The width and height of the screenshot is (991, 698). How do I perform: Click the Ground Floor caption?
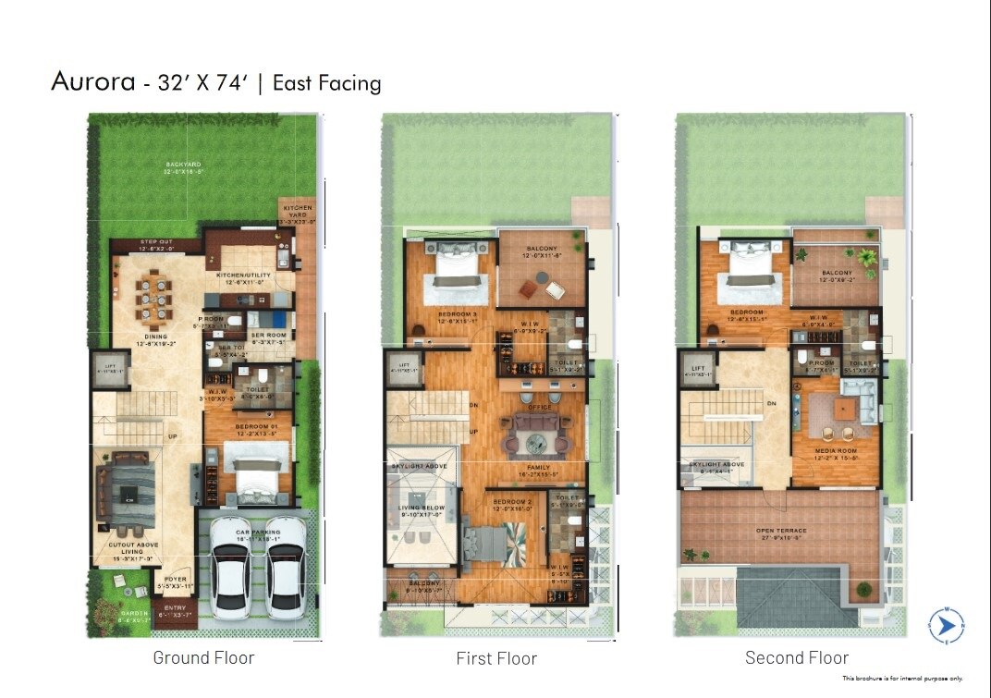(203, 658)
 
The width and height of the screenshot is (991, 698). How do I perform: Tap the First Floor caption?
(496, 658)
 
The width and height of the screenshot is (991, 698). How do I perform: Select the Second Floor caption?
(797, 658)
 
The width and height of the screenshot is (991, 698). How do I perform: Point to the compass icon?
(948, 626)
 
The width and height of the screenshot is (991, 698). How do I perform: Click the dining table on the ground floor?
(153, 300)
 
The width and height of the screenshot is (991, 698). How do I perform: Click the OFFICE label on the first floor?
(539, 407)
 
